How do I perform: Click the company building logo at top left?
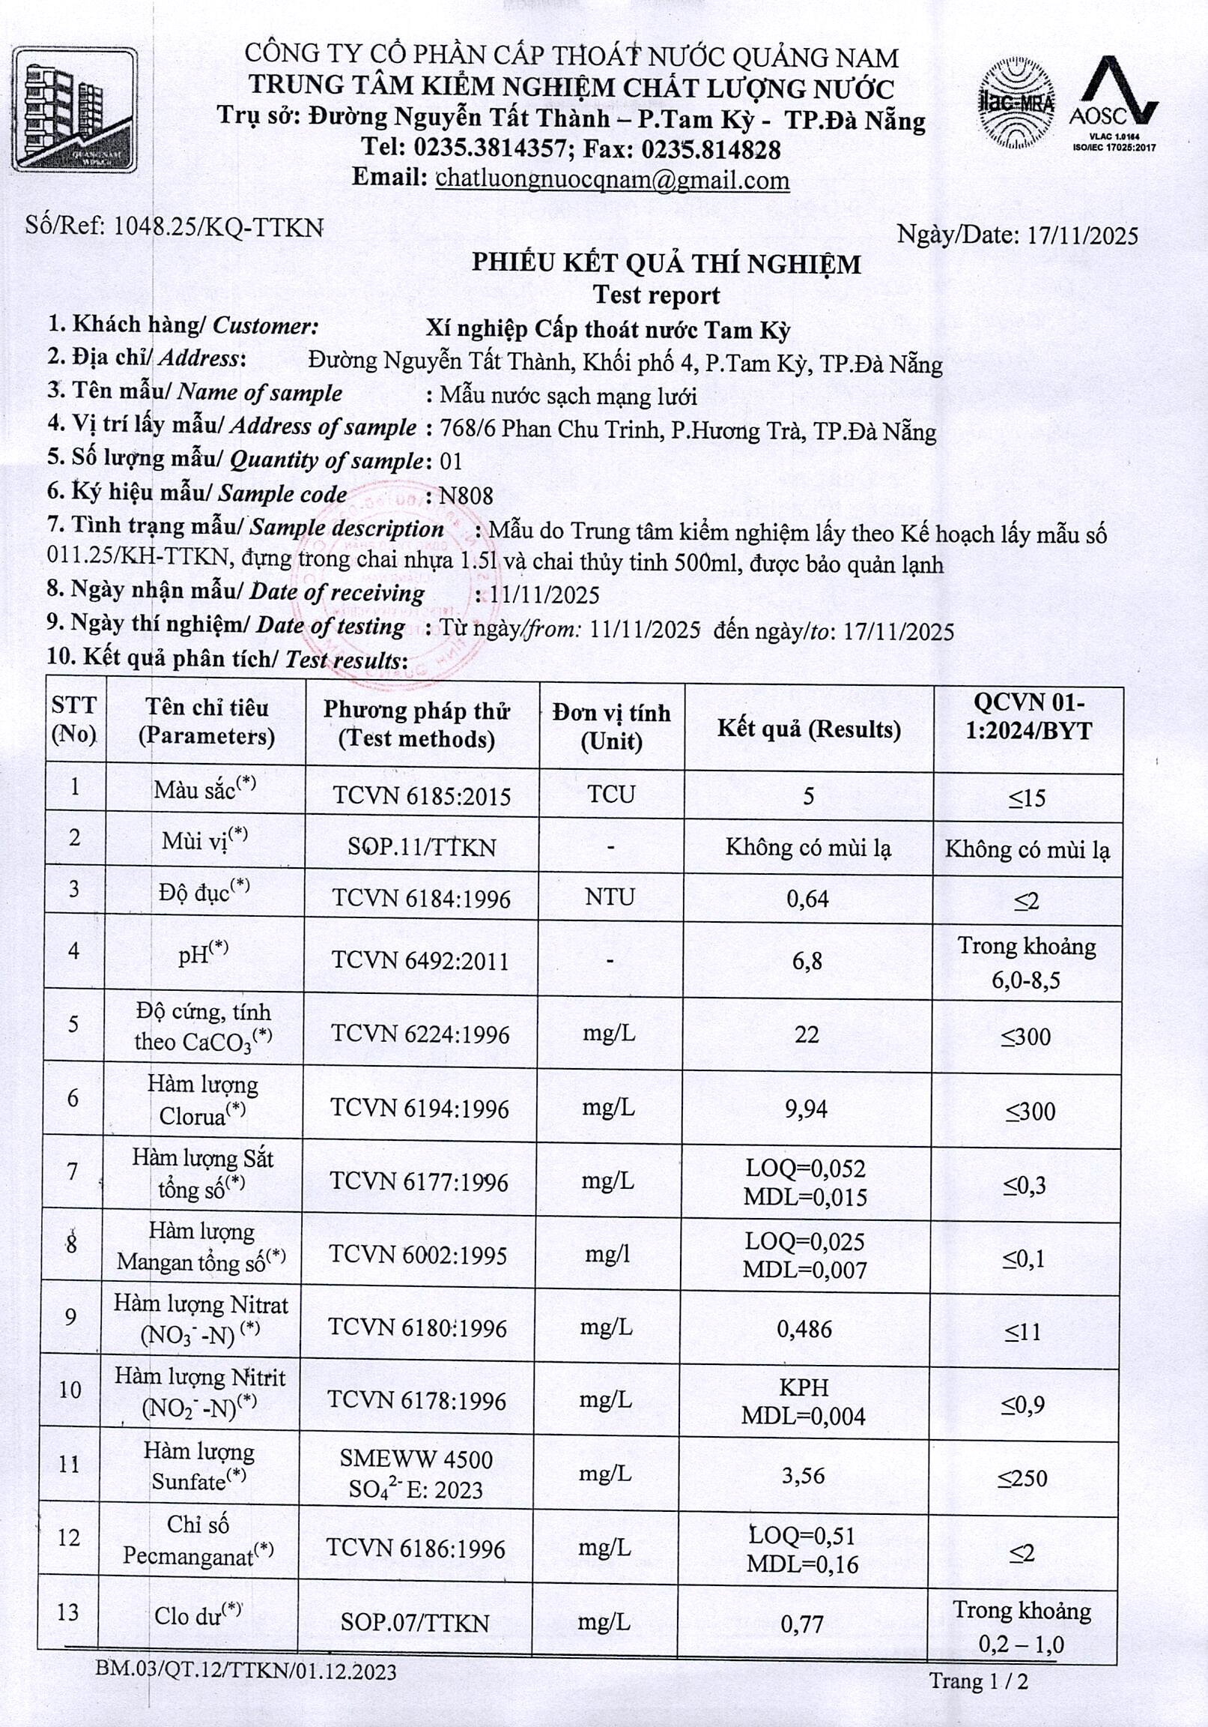click(74, 109)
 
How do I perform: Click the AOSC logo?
click(1114, 101)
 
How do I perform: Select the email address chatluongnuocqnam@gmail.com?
click(612, 180)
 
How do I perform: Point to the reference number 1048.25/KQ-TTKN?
click(218, 227)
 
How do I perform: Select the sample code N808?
click(466, 495)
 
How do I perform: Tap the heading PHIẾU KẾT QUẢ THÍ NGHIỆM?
click(666, 264)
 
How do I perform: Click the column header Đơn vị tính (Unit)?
click(611, 726)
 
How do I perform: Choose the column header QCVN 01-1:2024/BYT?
click(1028, 716)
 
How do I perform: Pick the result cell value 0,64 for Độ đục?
click(807, 898)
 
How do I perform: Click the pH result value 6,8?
click(807, 960)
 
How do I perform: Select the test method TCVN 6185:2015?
click(422, 796)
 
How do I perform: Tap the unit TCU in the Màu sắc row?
click(611, 795)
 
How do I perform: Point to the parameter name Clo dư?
click(198, 1614)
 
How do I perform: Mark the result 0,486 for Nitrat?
click(804, 1330)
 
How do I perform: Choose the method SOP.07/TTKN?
click(415, 1623)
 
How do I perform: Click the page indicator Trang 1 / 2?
click(978, 1681)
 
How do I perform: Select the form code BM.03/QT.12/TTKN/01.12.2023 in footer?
click(246, 1672)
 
